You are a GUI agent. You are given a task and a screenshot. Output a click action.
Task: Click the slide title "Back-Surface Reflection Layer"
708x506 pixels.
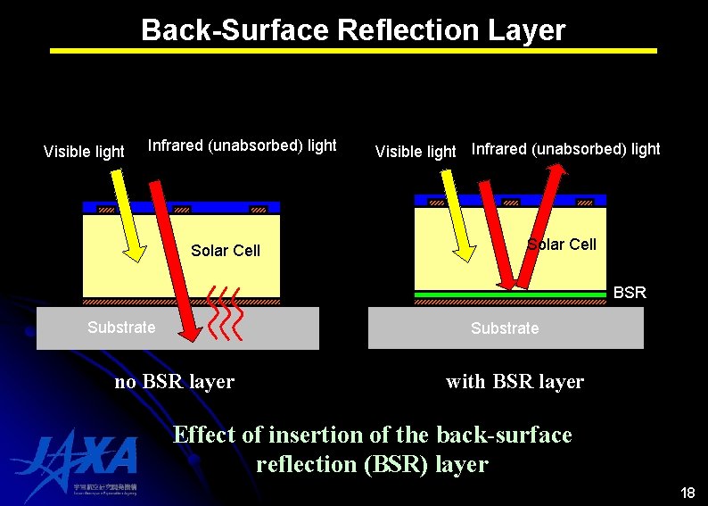(353, 30)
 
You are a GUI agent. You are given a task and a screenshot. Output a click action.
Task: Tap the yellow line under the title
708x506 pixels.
(353, 51)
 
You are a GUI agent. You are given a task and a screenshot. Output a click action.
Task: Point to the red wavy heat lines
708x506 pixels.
(224, 314)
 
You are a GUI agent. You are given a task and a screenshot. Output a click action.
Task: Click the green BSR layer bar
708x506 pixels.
(510, 294)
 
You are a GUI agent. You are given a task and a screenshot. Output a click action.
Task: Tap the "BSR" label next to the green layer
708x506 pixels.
(630, 293)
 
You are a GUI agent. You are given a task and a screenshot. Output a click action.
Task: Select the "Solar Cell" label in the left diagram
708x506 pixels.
(226, 251)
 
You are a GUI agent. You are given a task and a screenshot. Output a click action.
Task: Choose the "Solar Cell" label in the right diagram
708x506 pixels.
(562, 245)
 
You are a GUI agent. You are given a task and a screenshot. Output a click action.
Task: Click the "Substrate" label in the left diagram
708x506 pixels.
(121, 328)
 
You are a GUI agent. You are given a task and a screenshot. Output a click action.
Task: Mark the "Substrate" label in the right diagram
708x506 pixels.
(505, 328)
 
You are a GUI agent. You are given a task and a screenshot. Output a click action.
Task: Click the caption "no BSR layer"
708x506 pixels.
(175, 382)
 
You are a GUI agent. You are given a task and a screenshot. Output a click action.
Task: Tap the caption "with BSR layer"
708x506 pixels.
(515, 382)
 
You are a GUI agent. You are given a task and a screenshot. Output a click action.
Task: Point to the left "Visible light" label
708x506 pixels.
(84, 152)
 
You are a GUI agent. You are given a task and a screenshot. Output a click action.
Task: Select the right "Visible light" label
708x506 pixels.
(416, 152)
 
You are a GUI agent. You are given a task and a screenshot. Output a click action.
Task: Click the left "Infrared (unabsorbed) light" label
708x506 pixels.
(243, 145)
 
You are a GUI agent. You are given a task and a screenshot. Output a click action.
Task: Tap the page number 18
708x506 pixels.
(687, 494)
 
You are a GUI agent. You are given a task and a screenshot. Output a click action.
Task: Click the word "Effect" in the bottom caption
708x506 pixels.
(204, 435)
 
